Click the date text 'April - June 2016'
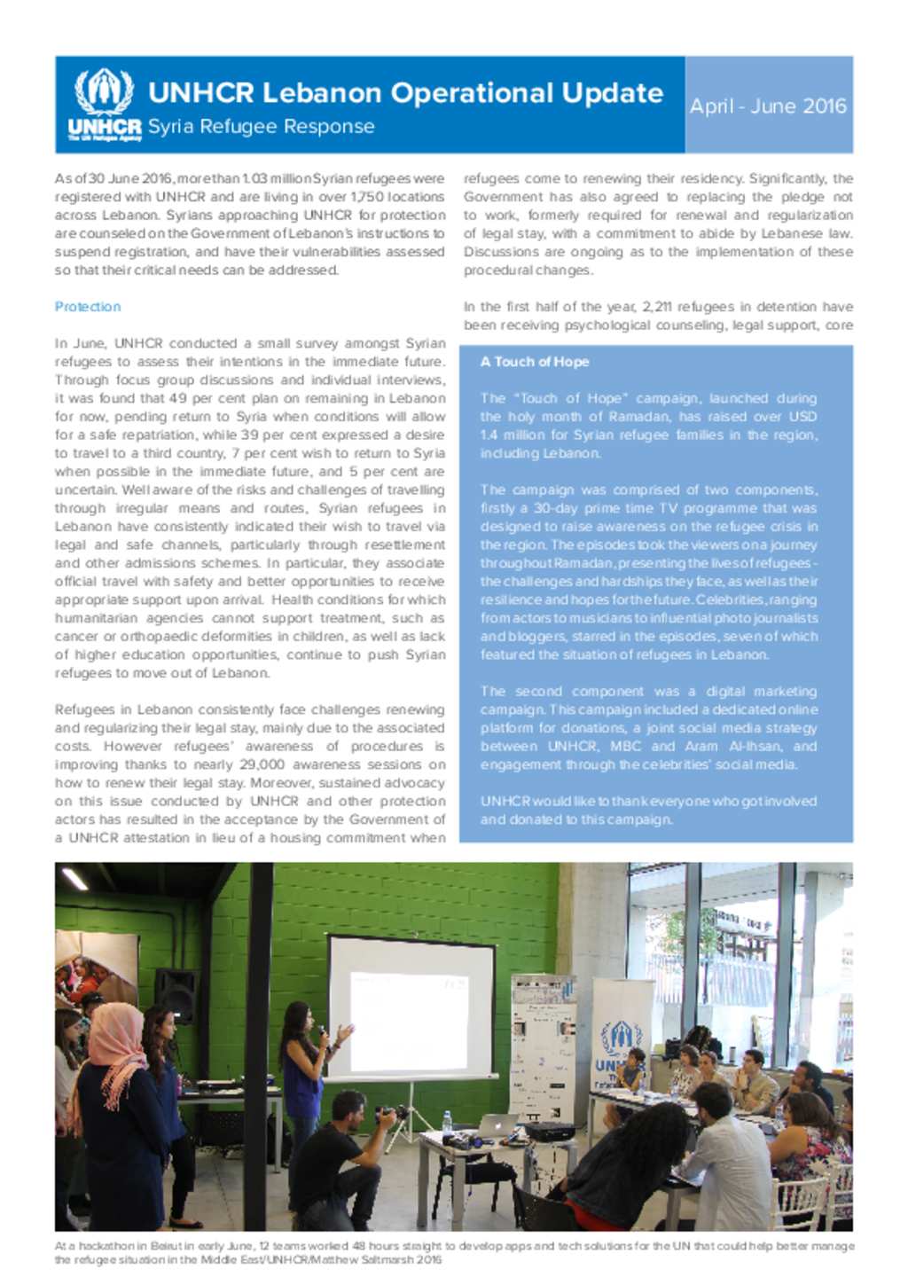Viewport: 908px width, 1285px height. pyautogui.click(x=768, y=106)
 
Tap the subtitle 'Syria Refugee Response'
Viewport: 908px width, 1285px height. pyautogui.click(x=261, y=127)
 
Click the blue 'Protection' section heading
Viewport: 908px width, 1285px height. pyautogui.click(x=88, y=307)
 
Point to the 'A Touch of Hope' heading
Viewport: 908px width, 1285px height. pyautogui.click(x=535, y=362)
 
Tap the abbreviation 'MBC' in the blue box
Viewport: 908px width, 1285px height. pyautogui.click(x=625, y=747)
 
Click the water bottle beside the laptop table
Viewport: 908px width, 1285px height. pyautogui.click(x=447, y=1123)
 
